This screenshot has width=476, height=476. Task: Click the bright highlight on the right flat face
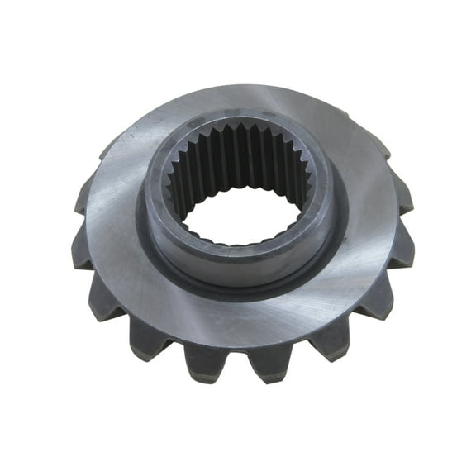click(364, 248)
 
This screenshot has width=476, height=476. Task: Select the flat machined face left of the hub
click(107, 215)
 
